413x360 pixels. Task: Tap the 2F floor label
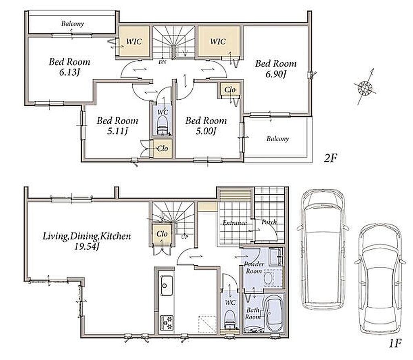pyautogui.click(x=330, y=158)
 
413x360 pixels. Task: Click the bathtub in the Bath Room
pyautogui.click(x=274, y=312)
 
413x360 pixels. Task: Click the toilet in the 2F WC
pyautogui.click(x=162, y=126)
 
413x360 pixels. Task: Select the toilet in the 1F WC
pyautogui.click(x=230, y=319)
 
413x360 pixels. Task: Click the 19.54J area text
pyautogui.click(x=87, y=247)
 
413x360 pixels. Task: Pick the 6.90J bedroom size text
pyautogui.click(x=276, y=75)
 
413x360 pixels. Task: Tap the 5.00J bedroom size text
pyautogui.click(x=206, y=131)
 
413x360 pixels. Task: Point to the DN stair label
pyautogui.click(x=163, y=63)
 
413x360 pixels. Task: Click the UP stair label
pyautogui.click(x=185, y=237)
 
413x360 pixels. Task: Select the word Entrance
pyautogui.click(x=234, y=223)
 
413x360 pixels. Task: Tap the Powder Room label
pyautogui.click(x=254, y=268)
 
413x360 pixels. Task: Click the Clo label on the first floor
pyautogui.click(x=162, y=234)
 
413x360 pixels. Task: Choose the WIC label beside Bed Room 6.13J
pyautogui.click(x=134, y=42)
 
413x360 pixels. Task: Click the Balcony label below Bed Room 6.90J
pyautogui.click(x=277, y=138)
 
